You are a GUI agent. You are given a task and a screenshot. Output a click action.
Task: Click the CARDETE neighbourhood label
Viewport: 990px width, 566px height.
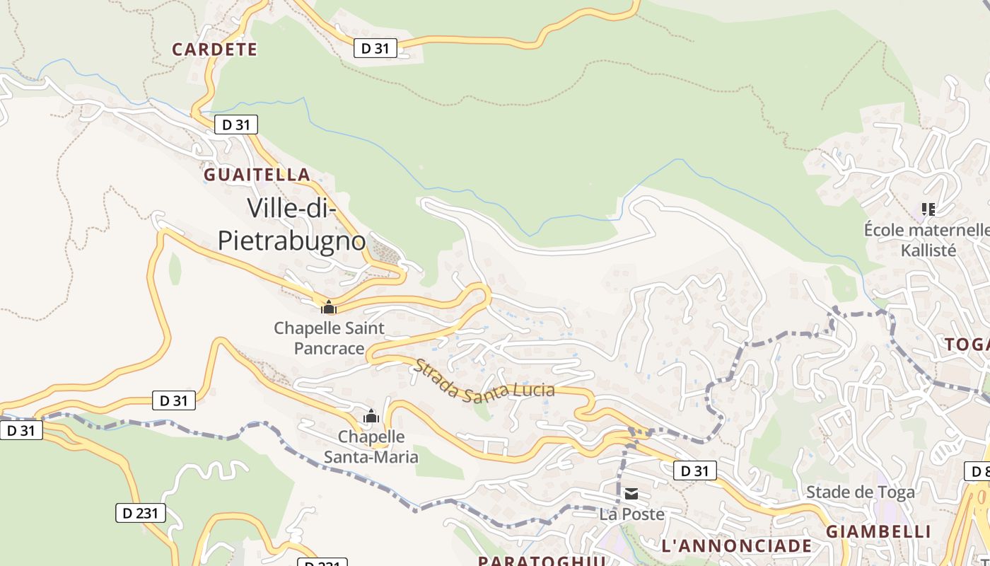click(x=215, y=50)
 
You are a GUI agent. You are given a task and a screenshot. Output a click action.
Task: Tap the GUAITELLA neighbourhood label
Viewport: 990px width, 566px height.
click(x=257, y=175)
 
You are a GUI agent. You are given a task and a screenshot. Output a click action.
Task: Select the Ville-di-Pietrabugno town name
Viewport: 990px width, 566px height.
click(x=291, y=224)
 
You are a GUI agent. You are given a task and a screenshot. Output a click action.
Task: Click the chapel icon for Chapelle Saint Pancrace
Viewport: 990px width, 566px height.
click(x=328, y=307)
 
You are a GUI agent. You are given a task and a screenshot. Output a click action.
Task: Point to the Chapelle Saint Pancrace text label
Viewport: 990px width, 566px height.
click(x=329, y=338)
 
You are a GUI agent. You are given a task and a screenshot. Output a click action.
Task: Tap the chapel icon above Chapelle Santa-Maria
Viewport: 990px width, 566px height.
click(x=371, y=417)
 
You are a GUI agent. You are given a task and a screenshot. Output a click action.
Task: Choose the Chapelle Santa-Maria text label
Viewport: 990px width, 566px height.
click(x=371, y=446)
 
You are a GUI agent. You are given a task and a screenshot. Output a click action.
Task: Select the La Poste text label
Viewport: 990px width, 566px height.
click(x=631, y=514)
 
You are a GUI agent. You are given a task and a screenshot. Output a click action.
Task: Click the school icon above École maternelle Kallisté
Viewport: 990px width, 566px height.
click(x=928, y=209)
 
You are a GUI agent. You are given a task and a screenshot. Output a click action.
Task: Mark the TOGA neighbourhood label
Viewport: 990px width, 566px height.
click(x=967, y=345)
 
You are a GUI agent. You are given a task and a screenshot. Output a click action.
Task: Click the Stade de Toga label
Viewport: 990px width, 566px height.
click(x=860, y=492)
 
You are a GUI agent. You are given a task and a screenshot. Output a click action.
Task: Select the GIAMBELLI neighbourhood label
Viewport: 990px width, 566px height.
click(x=878, y=531)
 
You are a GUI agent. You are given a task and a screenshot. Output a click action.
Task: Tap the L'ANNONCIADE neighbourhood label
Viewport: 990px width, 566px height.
click(x=736, y=545)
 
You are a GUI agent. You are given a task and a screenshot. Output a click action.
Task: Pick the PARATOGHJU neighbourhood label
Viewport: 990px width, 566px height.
click(x=542, y=560)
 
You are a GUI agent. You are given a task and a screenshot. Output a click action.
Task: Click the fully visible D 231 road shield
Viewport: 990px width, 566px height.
click(x=141, y=513)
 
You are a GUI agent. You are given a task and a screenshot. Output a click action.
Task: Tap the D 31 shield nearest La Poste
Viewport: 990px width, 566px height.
click(x=694, y=470)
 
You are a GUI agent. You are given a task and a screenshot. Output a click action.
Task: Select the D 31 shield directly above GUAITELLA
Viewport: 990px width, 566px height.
click(x=235, y=125)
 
